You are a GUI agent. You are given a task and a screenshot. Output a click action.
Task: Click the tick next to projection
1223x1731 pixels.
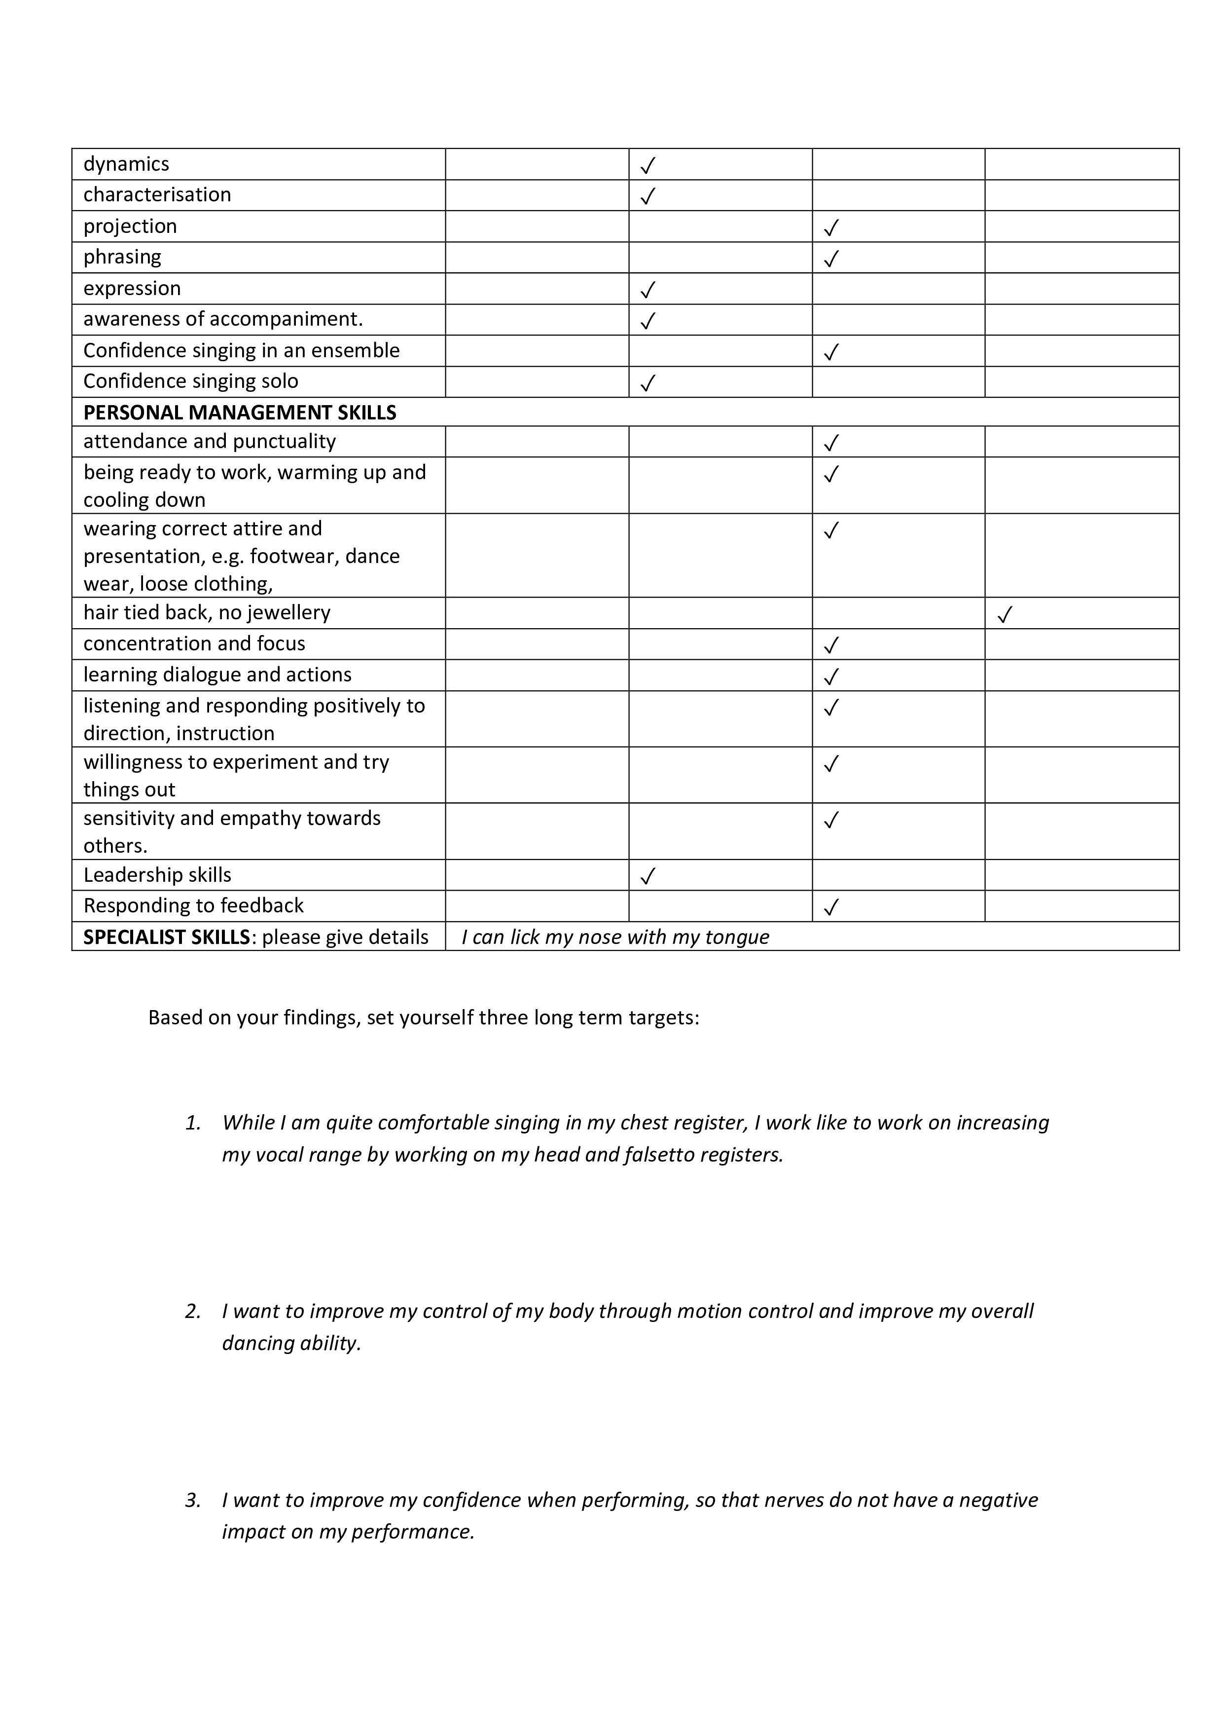pos(831,227)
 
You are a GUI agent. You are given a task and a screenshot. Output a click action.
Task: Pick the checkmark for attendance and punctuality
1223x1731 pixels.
pos(831,443)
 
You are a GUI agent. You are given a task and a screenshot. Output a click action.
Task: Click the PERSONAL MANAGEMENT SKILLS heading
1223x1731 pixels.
pos(240,413)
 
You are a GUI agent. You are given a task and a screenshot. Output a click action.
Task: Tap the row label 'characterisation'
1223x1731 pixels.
pos(157,194)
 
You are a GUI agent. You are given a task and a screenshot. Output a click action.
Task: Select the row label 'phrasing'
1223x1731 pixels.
pos(122,257)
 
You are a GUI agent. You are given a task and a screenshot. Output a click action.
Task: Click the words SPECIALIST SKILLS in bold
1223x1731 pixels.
pos(166,937)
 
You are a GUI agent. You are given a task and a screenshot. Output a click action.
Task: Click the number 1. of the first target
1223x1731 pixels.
pos(193,1123)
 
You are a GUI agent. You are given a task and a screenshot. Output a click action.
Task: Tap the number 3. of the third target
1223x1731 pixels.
pos(193,1500)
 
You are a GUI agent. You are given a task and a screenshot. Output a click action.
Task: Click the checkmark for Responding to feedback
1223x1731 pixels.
pos(831,907)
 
